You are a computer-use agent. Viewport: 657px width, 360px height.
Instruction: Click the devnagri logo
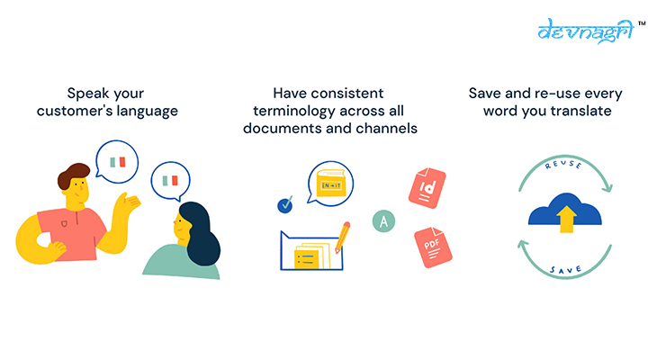[587, 31]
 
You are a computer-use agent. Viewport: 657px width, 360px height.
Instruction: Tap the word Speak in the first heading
[85, 94]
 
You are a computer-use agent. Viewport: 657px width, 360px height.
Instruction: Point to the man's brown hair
[73, 175]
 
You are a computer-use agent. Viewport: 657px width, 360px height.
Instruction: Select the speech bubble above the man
[117, 162]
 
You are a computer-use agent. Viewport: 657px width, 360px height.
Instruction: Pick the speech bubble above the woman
[170, 181]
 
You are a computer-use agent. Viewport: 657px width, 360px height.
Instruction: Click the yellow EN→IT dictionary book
[331, 183]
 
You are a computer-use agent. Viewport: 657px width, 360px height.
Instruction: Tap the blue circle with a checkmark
[285, 205]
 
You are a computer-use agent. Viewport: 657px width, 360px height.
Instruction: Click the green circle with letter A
[383, 220]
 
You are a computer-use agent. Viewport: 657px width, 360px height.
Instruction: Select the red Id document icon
[427, 188]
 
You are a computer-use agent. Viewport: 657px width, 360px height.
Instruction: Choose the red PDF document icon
[433, 247]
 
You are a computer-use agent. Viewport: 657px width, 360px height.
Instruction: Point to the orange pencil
[342, 238]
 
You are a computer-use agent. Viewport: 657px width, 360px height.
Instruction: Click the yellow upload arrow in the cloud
[566, 219]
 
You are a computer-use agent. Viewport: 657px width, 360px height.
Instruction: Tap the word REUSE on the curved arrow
[563, 165]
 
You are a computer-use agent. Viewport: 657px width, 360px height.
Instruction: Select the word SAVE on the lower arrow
[566, 269]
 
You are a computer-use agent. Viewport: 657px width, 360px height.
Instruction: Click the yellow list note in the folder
[306, 259]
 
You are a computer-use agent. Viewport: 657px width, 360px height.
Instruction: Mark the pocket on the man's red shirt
[64, 224]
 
